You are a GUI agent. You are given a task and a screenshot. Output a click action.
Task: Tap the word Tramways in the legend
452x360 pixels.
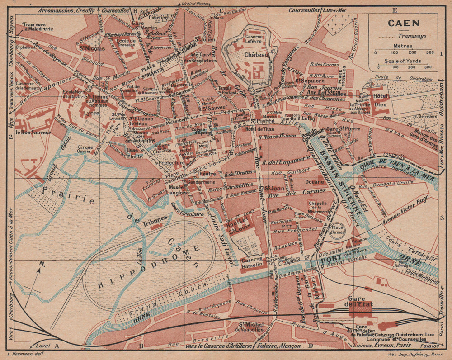click(x=410, y=37)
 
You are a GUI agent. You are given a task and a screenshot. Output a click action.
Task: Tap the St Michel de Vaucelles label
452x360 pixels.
click(x=251, y=327)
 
